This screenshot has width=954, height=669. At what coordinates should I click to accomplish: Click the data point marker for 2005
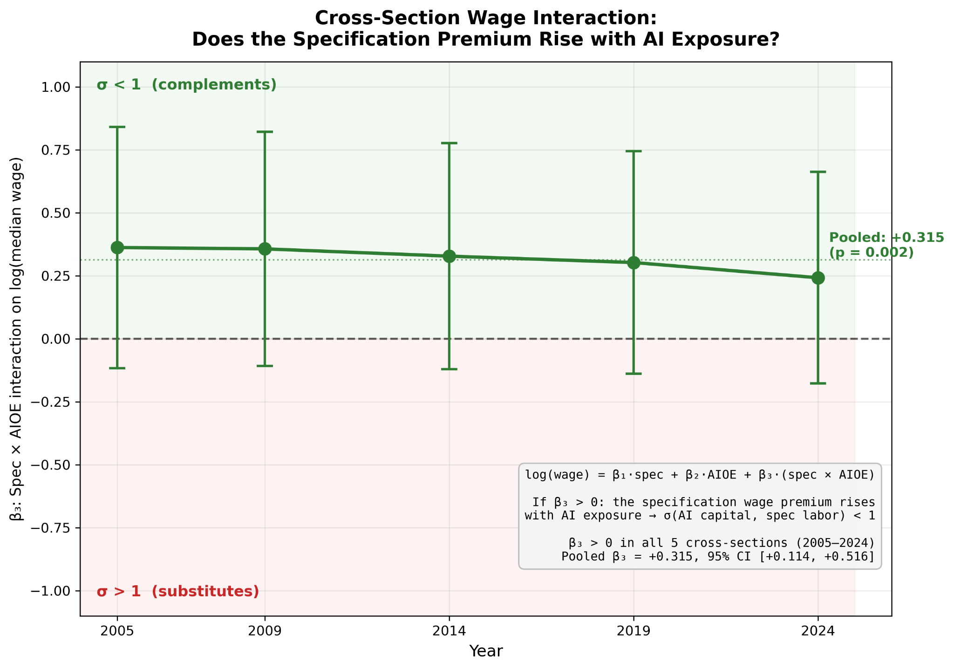tap(117, 247)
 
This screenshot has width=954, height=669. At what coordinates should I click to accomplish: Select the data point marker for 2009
tap(265, 249)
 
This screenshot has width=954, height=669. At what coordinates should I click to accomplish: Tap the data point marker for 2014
tap(449, 256)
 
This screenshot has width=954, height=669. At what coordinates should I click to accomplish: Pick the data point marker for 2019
tap(634, 263)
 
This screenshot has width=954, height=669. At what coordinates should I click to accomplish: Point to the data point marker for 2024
tap(818, 278)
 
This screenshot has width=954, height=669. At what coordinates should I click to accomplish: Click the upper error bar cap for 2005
tap(117, 127)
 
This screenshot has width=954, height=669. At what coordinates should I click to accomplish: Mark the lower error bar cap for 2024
tap(818, 383)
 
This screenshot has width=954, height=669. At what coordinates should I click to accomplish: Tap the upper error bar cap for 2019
tap(634, 151)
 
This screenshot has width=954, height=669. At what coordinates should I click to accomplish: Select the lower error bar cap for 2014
tap(449, 369)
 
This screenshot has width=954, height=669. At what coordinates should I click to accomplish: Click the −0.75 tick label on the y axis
tap(51, 528)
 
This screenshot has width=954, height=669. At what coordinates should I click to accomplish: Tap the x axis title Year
tap(486, 651)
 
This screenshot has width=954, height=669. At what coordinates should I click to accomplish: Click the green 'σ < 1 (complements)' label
tap(186, 85)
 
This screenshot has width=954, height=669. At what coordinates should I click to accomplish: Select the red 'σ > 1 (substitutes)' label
tap(177, 592)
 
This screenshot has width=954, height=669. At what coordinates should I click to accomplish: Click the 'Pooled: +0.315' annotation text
tap(886, 238)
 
